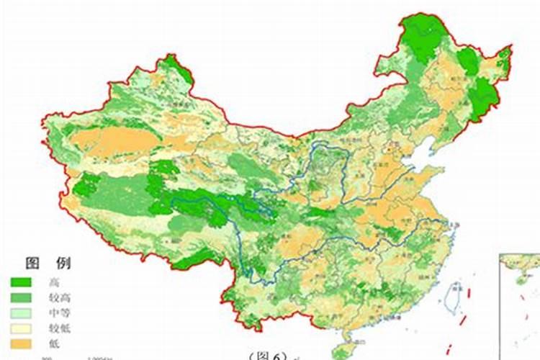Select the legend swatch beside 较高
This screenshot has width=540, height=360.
(x=21, y=297)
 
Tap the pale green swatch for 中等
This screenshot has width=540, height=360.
(x=21, y=312)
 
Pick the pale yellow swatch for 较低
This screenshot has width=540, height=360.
(x=21, y=327)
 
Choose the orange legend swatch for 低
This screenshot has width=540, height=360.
(x=21, y=342)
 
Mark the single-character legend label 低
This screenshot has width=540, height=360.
(x=54, y=342)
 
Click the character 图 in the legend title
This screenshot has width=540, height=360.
(x=33, y=262)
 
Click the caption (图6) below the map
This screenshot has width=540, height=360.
(x=267, y=355)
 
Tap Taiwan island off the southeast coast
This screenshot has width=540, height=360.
(x=454, y=296)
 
